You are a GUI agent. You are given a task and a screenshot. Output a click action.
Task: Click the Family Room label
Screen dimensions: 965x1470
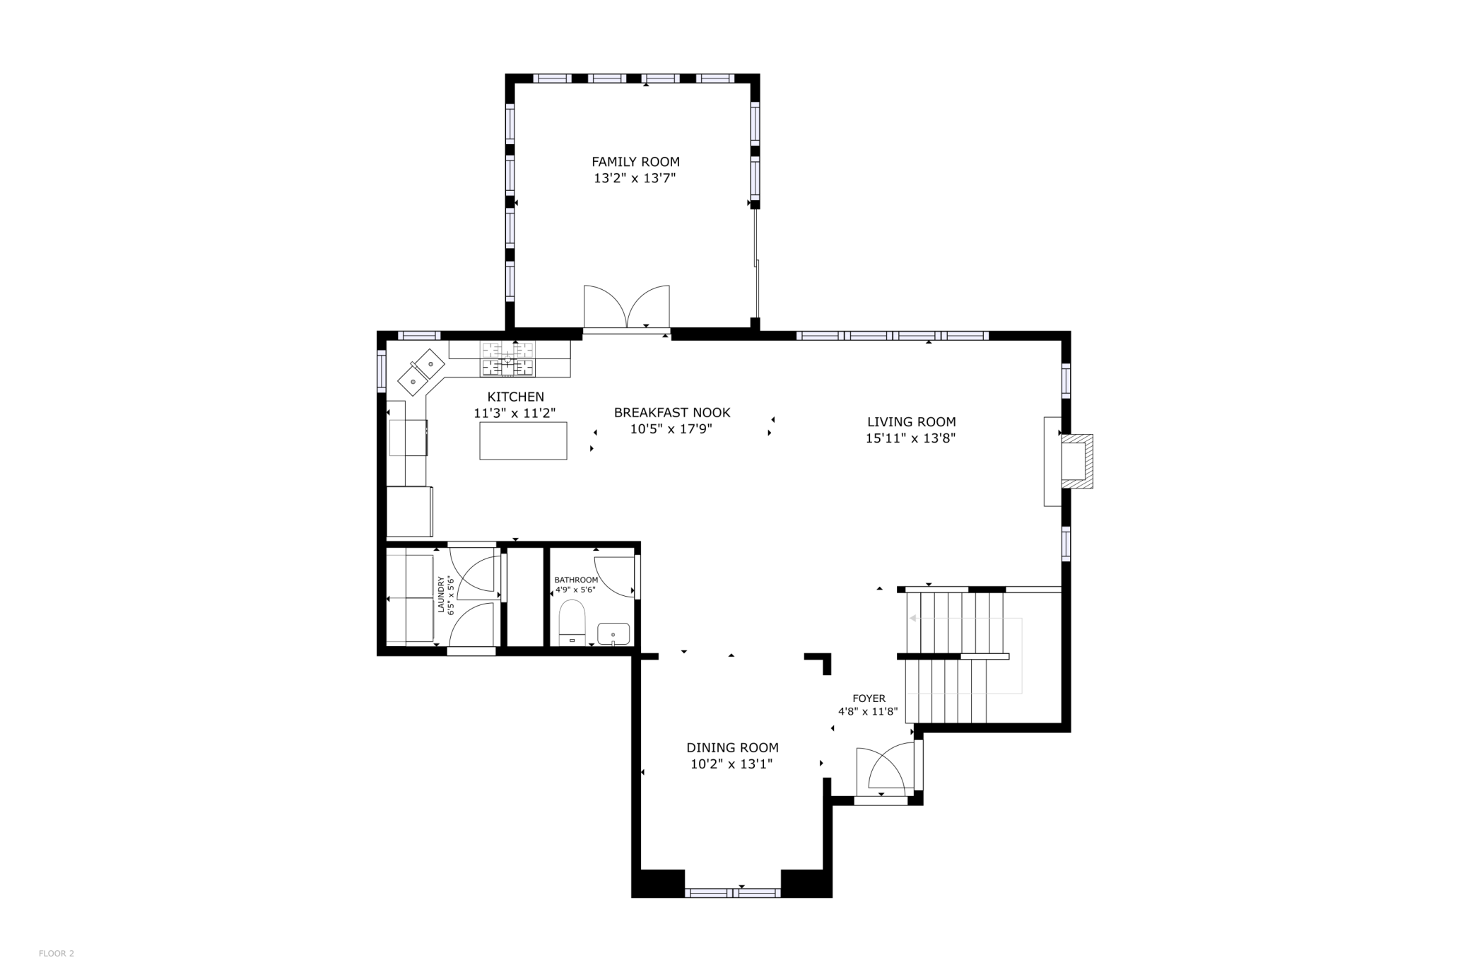click(635, 162)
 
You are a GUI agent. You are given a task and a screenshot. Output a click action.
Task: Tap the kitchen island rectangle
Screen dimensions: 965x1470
click(523, 440)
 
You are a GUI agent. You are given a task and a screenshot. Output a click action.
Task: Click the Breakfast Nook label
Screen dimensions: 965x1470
click(671, 412)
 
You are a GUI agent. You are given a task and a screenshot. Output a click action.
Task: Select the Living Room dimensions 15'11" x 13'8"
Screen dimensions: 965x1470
click(910, 438)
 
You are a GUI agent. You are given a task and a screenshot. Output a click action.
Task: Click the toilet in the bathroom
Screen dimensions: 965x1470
click(572, 622)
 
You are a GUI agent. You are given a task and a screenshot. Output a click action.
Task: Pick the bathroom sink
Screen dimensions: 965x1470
click(613, 633)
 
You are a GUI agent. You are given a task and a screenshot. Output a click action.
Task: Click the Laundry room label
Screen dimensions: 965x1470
click(441, 595)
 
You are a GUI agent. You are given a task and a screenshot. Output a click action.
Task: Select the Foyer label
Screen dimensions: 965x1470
click(869, 698)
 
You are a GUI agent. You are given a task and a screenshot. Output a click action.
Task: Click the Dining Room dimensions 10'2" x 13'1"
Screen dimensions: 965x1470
click(731, 764)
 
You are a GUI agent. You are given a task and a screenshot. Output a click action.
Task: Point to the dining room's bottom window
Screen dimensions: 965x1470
click(732, 893)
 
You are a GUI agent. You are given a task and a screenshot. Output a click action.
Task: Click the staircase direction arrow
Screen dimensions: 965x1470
click(914, 619)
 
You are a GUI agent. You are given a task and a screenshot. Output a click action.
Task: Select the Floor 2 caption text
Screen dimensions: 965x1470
click(57, 954)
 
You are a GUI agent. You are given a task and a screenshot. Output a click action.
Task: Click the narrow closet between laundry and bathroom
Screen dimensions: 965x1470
click(525, 597)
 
